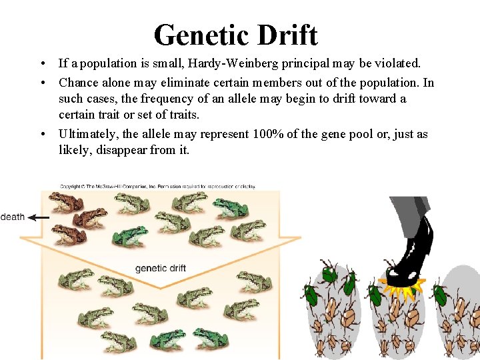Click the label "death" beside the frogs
[x=12, y=217]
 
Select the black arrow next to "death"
[x=39, y=217]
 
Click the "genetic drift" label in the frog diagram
[x=161, y=268]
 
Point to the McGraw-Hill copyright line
[x=157, y=187]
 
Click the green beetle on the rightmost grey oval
[x=441, y=294]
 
